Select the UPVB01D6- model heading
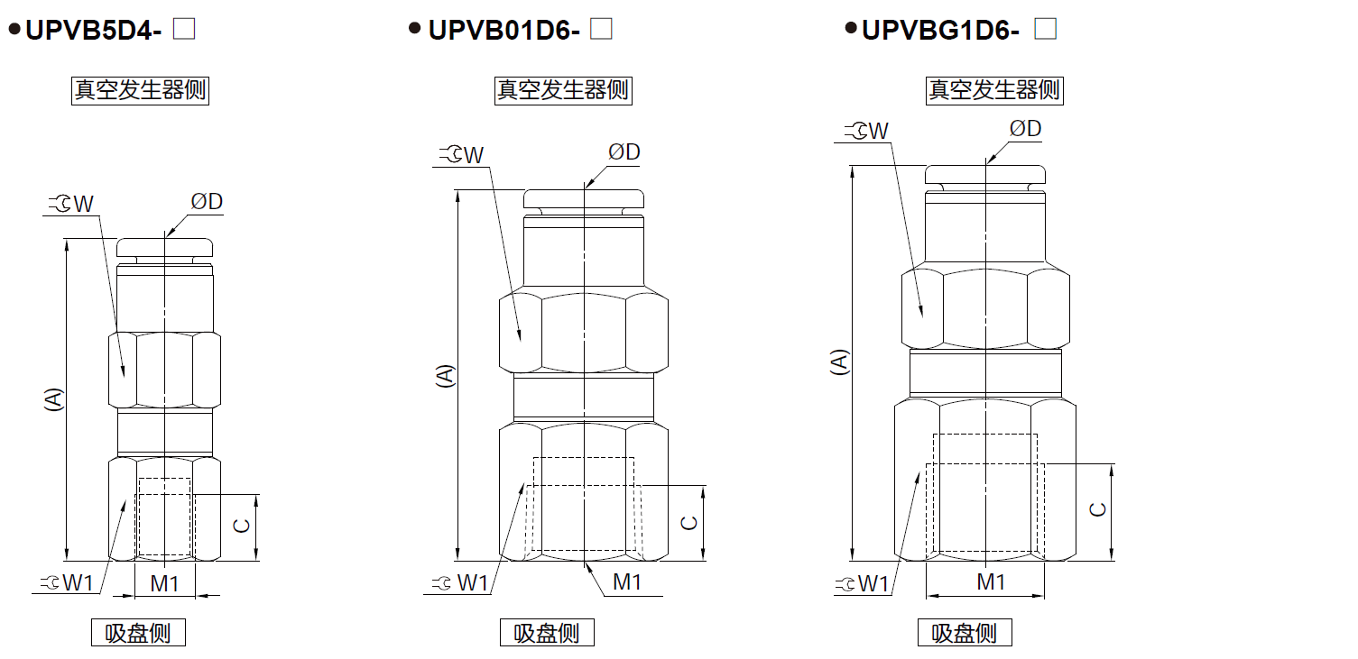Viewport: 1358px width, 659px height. [503, 31]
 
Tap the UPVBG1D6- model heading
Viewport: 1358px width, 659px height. [940, 31]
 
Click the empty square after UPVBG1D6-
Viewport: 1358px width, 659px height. [1046, 30]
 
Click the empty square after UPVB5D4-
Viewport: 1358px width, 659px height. [184, 29]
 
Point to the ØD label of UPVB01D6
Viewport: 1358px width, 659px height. [624, 152]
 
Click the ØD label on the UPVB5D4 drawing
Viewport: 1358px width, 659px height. [207, 202]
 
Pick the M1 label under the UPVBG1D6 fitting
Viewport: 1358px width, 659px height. [991, 582]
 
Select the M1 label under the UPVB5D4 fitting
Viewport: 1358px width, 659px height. [164, 584]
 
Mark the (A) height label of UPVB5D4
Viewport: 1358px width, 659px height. [54, 398]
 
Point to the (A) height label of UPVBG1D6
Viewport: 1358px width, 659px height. [839, 362]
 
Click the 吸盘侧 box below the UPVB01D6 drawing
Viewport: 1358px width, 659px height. [548, 633]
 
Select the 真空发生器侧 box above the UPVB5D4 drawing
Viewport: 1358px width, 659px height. [140, 90]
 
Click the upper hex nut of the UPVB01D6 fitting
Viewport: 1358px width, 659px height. [584, 333]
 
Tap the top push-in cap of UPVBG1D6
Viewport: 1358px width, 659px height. [985, 174]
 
